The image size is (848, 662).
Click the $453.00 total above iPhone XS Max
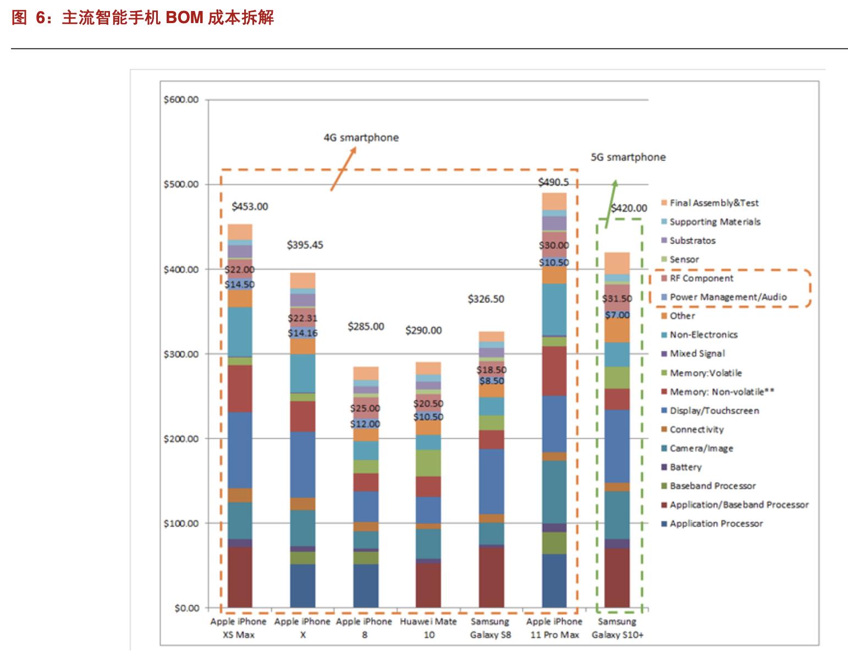[x=250, y=207]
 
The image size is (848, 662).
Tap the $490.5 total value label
[x=553, y=183]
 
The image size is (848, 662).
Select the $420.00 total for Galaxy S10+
[x=629, y=208]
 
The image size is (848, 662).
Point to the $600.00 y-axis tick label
[x=181, y=100]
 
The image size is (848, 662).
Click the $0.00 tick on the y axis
[x=186, y=608]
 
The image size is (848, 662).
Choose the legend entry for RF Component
[x=701, y=278]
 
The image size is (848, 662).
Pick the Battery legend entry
[x=685, y=467]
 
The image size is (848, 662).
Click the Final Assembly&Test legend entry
[x=713, y=203]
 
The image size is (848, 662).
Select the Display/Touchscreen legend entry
[x=714, y=411]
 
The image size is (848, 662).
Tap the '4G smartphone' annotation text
[x=361, y=137]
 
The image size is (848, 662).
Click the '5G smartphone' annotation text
[x=628, y=157]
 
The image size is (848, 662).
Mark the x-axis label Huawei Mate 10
[x=428, y=628]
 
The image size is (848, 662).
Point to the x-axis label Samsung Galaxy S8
[x=490, y=628]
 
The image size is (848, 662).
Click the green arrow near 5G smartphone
[x=611, y=203]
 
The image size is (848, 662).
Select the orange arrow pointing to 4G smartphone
[x=343, y=169]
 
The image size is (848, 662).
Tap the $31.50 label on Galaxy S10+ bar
[x=617, y=299]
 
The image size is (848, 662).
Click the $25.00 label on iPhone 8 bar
[x=365, y=409]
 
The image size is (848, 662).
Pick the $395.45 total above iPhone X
[x=305, y=245]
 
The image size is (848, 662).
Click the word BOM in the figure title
[x=184, y=18]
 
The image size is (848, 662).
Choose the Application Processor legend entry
[x=715, y=523]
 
